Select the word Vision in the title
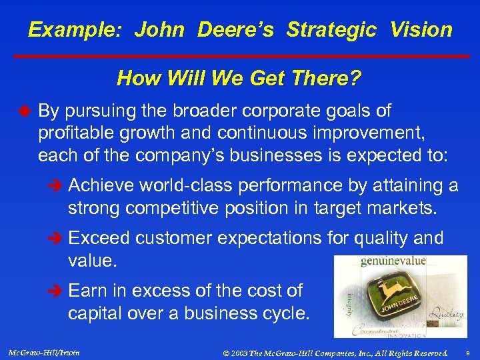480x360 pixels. tap(421, 30)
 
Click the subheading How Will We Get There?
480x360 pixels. tap(239, 79)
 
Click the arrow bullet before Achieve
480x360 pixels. tap(57, 186)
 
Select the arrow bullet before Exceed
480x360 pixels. tap(57, 239)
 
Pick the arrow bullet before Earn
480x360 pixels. tap(57, 291)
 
